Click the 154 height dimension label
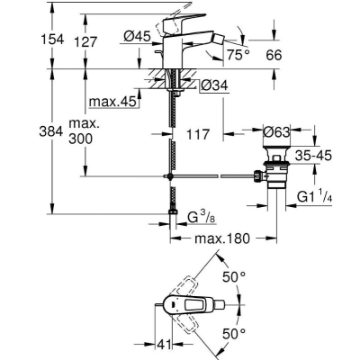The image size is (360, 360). point(52,40)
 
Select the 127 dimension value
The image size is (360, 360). point(86,42)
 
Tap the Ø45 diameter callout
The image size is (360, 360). point(137,37)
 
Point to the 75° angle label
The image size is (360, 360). point(238,55)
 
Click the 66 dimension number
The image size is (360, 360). point(274,55)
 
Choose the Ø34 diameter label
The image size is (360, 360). point(214,85)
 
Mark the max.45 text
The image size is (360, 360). point(112,102)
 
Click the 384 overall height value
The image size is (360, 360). point(51,131)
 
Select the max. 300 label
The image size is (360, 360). point(84,131)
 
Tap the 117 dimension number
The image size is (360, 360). point(198,134)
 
